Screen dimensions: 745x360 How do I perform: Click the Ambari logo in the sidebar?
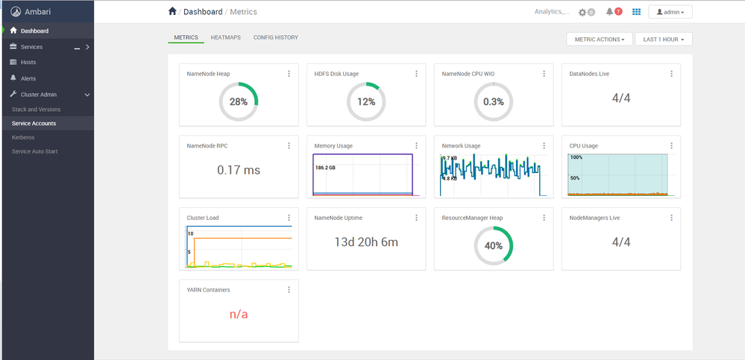pyautogui.click(x=16, y=12)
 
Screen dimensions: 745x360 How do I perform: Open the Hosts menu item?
pyautogui.click(x=28, y=62)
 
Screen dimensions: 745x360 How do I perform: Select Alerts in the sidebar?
pyautogui.click(x=28, y=78)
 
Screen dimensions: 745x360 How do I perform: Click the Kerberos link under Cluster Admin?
pyautogui.click(x=23, y=137)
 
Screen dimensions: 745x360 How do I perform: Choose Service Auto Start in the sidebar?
pyautogui.click(x=35, y=151)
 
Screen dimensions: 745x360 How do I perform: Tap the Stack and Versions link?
pyautogui.click(x=36, y=110)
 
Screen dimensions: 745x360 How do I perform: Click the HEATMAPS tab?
pyautogui.click(x=226, y=37)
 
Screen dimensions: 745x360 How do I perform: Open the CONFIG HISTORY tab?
pyautogui.click(x=276, y=37)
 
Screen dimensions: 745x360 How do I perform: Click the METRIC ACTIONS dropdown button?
pyautogui.click(x=600, y=40)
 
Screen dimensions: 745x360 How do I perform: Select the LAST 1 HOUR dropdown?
pyautogui.click(x=663, y=40)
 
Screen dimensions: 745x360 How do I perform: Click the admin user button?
pyautogui.click(x=670, y=12)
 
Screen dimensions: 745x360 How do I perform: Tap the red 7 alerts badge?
pyautogui.click(x=618, y=11)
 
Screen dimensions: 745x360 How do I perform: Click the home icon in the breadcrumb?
pyautogui.click(x=172, y=11)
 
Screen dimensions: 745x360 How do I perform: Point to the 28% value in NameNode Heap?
pyautogui.click(x=239, y=101)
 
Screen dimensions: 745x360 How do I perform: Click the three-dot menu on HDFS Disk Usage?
pyautogui.click(x=416, y=74)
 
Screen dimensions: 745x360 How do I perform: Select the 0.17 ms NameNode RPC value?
pyautogui.click(x=239, y=170)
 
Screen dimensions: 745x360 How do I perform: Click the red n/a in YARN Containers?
pyautogui.click(x=239, y=314)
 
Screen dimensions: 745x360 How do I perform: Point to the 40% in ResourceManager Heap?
pyautogui.click(x=494, y=245)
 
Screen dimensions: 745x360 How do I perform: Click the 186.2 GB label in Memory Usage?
pyautogui.click(x=325, y=168)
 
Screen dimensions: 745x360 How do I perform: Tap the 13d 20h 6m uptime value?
pyautogui.click(x=366, y=242)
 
